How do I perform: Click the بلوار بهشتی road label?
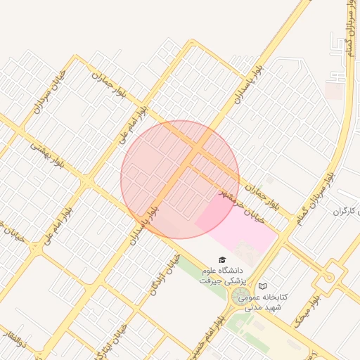(x=46, y=155)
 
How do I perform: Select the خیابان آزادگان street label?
(x=161, y=274)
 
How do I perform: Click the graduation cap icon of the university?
(x=222, y=260)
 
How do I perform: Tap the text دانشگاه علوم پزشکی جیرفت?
(x=221, y=275)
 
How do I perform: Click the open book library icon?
(x=263, y=286)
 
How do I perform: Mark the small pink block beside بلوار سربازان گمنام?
(x=335, y=91)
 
